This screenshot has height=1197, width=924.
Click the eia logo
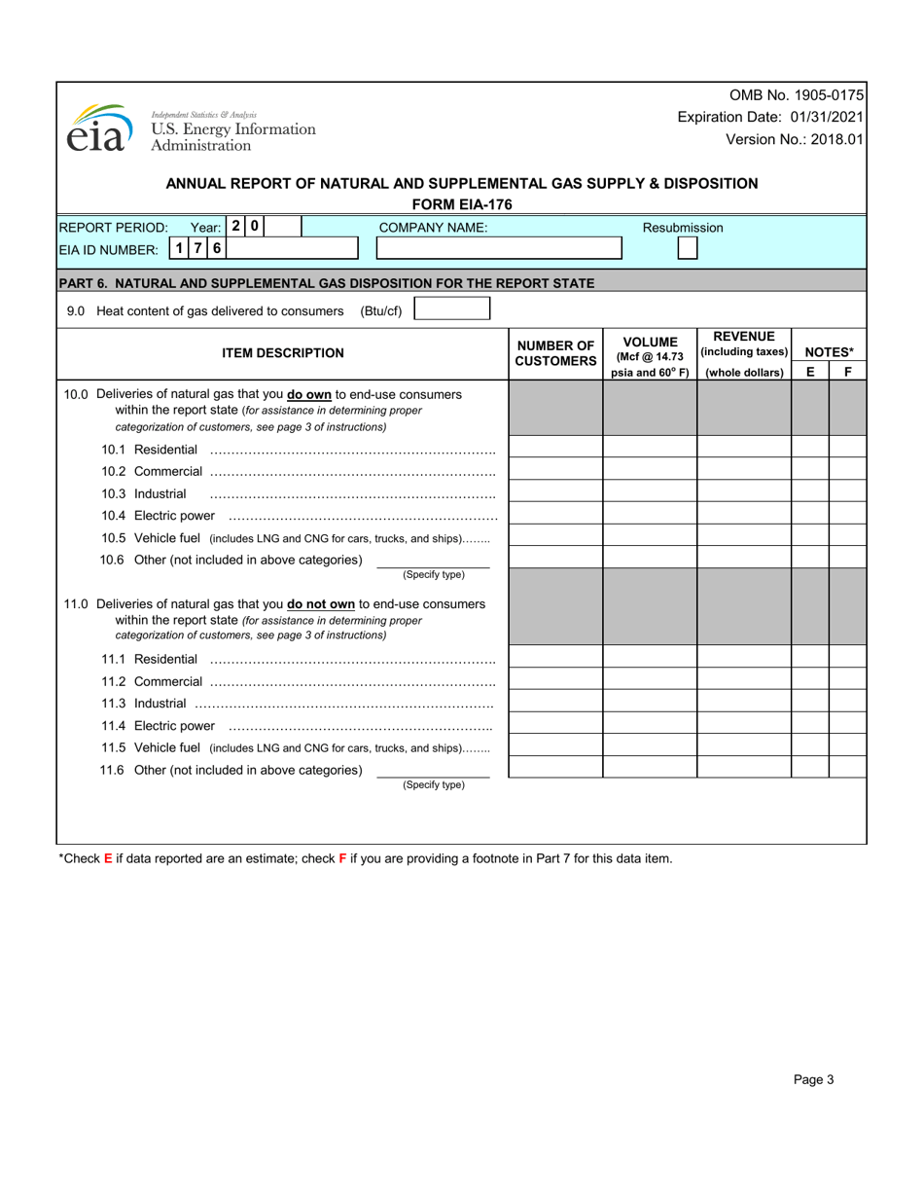coord(98,128)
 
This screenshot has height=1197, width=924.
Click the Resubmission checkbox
coord(687,248)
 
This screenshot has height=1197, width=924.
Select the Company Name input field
coord(499,248)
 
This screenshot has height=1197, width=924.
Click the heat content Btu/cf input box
coord(452,309)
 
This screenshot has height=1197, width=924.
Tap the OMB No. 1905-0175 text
coord(796,95)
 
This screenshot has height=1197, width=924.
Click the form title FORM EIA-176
coord(462,204)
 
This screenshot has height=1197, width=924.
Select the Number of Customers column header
coord(555,353)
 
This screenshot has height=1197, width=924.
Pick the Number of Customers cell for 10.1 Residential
coord(555,448)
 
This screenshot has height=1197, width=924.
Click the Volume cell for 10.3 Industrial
coord(650,492)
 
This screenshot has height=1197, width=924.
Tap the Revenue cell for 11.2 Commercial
coord(744,679)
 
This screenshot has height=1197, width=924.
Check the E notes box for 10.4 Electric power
coord(810,514)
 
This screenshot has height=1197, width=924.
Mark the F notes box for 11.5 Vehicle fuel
coord(847,745)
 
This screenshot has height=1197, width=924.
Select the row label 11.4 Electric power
coord(158,726)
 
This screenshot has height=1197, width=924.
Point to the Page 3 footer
coord(813,1079)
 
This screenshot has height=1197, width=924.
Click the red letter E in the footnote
coord(108,858)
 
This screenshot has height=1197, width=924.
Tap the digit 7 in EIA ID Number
coord(198,248)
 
